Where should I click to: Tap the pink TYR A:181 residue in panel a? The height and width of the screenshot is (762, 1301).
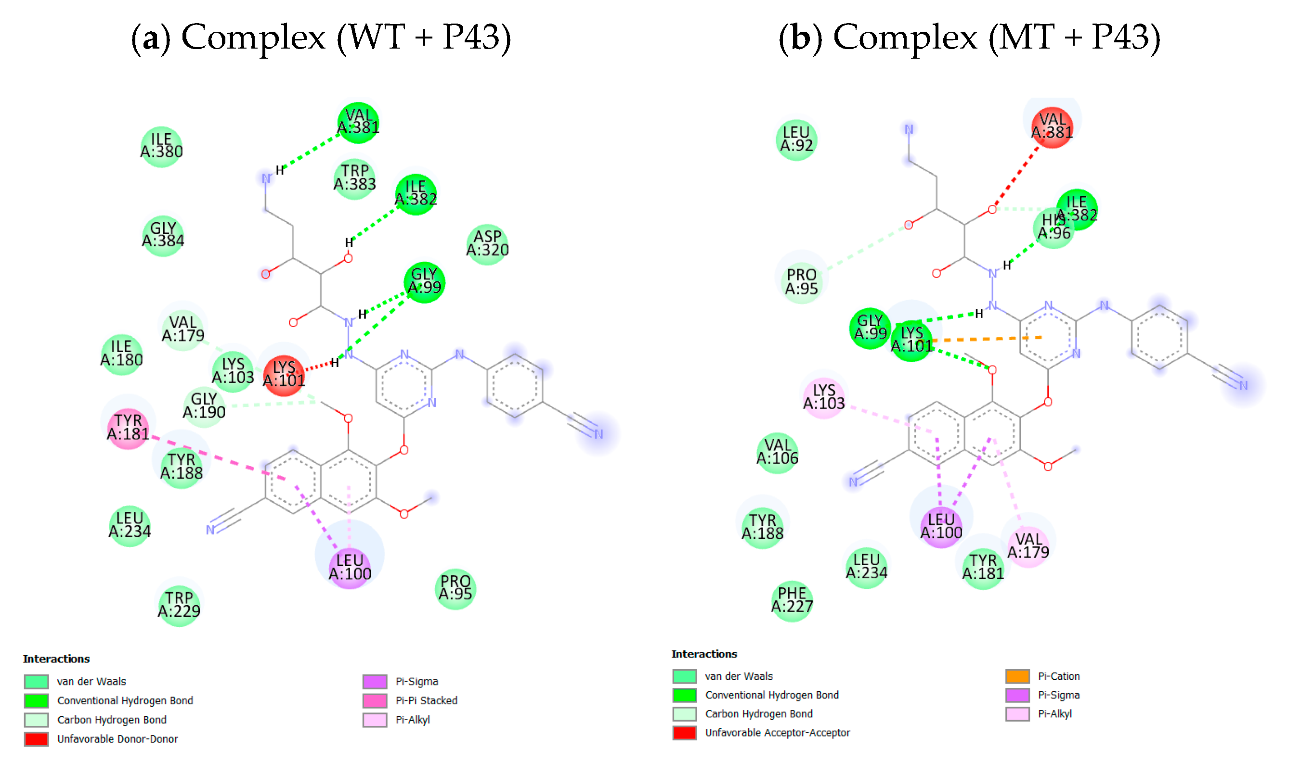tap(128, 428)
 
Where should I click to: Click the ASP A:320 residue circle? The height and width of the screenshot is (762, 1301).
tap(487, 244)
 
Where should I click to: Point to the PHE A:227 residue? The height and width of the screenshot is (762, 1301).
tap(792, 600)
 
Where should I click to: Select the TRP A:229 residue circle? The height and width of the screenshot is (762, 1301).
tap(179, 605)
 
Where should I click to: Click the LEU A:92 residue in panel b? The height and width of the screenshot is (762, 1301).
tap(796, 140)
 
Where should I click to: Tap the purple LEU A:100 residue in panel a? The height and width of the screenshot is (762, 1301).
tap(350, 568)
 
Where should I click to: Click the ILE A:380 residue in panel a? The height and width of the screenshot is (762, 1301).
tap(161, 147)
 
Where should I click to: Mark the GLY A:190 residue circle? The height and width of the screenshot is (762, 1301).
tap(204, 406)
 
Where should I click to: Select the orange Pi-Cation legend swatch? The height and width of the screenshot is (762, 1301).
tap(1017, 676)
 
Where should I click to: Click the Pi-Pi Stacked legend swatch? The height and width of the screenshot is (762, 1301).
tap(374, 700)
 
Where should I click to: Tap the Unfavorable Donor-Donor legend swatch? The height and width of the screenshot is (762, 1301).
tap(36, 739)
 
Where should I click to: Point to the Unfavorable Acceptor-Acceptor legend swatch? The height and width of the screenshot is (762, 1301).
tap(685, 733)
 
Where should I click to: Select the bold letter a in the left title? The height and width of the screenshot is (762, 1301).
tap(150, 38)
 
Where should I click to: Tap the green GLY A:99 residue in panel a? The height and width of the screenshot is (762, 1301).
tap(424, 282)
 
